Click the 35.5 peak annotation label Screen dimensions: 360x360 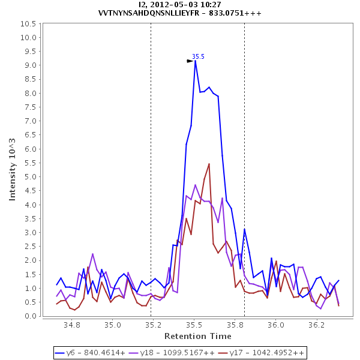198,56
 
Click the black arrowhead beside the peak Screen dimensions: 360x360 190,61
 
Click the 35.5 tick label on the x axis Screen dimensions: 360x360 194,325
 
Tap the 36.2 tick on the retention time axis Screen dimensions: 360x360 316,325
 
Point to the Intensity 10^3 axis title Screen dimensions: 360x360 13,170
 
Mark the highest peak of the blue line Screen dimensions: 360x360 195,61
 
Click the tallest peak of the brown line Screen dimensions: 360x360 209,164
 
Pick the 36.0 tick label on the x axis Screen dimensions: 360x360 275,325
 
